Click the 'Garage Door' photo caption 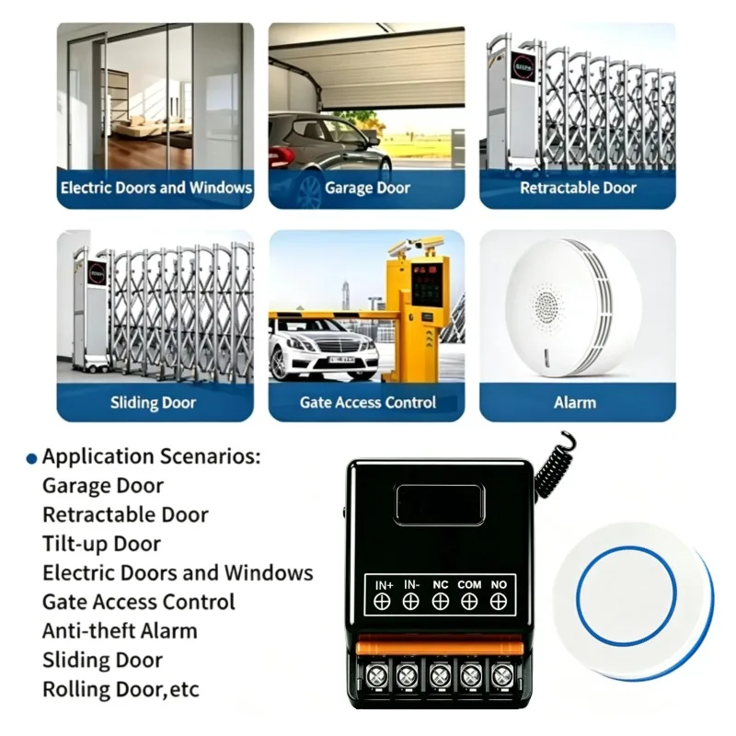[x=367, y=188]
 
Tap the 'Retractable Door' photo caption [x=578, y=188]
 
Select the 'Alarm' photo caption [x=574, y=402]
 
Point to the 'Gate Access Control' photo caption [x=367, y=402]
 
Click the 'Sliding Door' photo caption [x=153, y=402]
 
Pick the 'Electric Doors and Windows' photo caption [x=155, y=188]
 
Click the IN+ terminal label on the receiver [x=384, y=585]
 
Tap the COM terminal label [x=469, y=585]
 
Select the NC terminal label [x=441, y=585]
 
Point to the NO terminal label [x=499, y=585]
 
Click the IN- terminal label [x=411, y=585]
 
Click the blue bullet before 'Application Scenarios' [x=31, y=458]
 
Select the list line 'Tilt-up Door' [x=101, y=544]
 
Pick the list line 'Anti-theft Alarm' [x=120, y=631]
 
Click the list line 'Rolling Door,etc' [x=121, y=689]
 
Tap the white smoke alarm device [x=574, y=307]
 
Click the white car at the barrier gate [x=324, y=348]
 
